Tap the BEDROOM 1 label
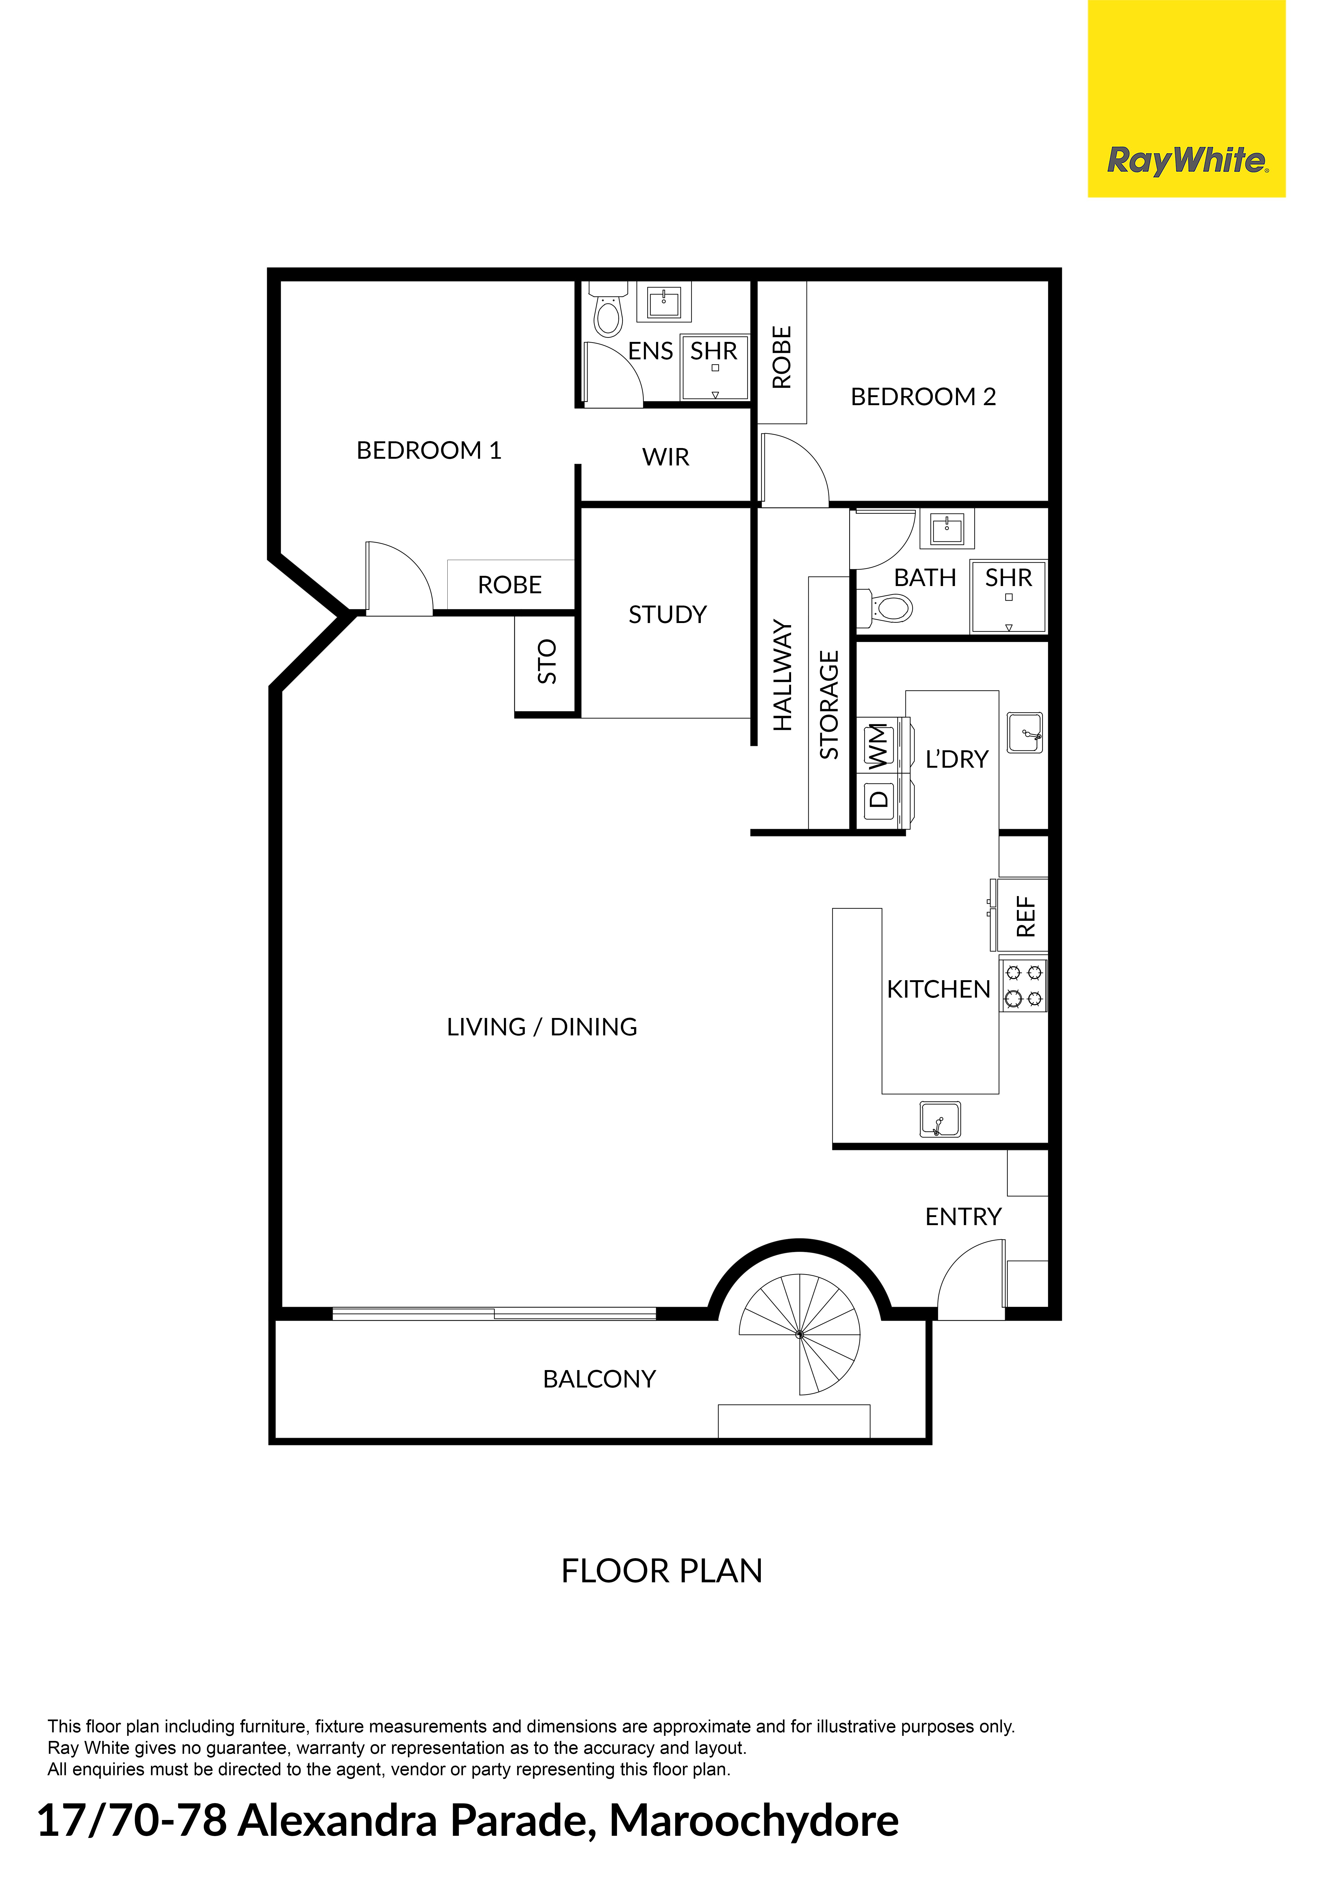[x=428, y=450]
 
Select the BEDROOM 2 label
[x=923, y=397]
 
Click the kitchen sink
[x=940, y=1119]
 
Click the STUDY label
[x=667, y=615]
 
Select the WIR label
[x=666, y=457]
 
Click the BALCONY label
[x=599, y=1380]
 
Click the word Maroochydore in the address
[x=754, y=1821]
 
